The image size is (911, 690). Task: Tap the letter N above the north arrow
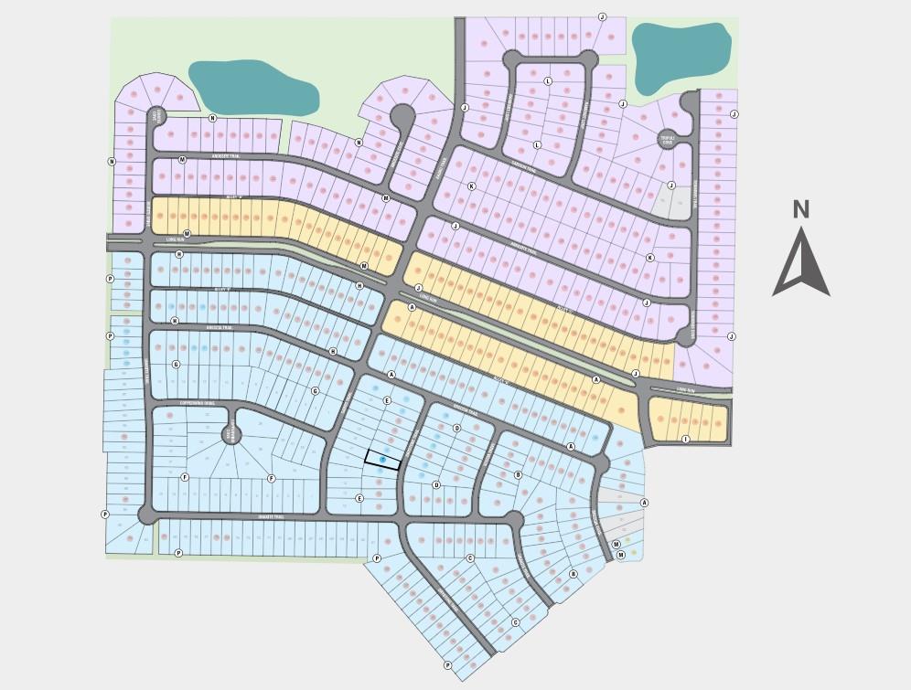(800, 209)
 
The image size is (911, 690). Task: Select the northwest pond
(252, 87)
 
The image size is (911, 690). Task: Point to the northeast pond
(681, 56)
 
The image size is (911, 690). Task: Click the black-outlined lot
(382, 460)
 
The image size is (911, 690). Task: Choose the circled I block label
(686, 439)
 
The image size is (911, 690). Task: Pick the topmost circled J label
(602, 17)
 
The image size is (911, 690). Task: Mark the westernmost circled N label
(112, 162)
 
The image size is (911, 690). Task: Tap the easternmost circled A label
(644, 503)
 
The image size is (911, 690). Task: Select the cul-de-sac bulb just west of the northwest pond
(157, 115)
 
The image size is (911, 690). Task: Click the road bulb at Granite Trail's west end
(147, 515)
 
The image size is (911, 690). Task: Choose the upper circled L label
(549, 81)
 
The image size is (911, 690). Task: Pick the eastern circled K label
(650, 258)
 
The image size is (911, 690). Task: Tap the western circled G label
(176, 365)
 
